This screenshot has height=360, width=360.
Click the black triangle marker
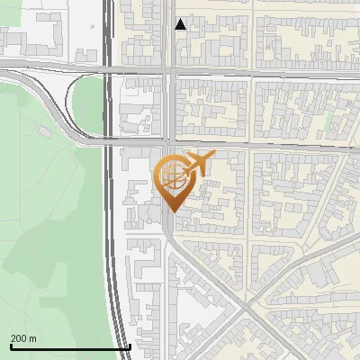point(181,24)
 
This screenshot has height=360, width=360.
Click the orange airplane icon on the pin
point(197,165)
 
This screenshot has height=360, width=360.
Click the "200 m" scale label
point(23,338)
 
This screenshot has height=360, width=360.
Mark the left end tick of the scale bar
point(11,346)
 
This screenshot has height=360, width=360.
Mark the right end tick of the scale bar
point(130,346)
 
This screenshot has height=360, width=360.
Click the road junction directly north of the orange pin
point(170,142)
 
